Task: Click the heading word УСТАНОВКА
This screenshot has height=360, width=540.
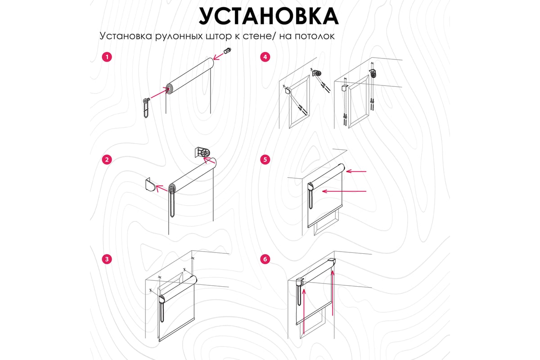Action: click(269, 16)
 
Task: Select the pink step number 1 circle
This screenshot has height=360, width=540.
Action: click(107, 57)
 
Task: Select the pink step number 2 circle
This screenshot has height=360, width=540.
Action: click(107, 160)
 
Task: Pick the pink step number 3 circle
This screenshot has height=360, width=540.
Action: click(107, 259)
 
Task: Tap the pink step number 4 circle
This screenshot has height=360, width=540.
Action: click(265, 57)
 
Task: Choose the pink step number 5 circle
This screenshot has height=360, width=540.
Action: click(265, 160)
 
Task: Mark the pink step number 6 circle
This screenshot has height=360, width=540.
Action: click(265, 259)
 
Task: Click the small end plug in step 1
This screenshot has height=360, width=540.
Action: click(228, 51)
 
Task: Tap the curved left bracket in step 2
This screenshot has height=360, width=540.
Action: click(151, 185)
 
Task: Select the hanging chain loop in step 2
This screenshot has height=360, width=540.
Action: click(172, 204)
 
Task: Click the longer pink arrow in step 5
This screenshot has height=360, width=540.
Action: click(344, 191)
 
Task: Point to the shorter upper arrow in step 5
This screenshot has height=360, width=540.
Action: click(356, 171)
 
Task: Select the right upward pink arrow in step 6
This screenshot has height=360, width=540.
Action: click(333, 293)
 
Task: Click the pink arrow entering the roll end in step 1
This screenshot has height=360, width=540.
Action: click(160, 93)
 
